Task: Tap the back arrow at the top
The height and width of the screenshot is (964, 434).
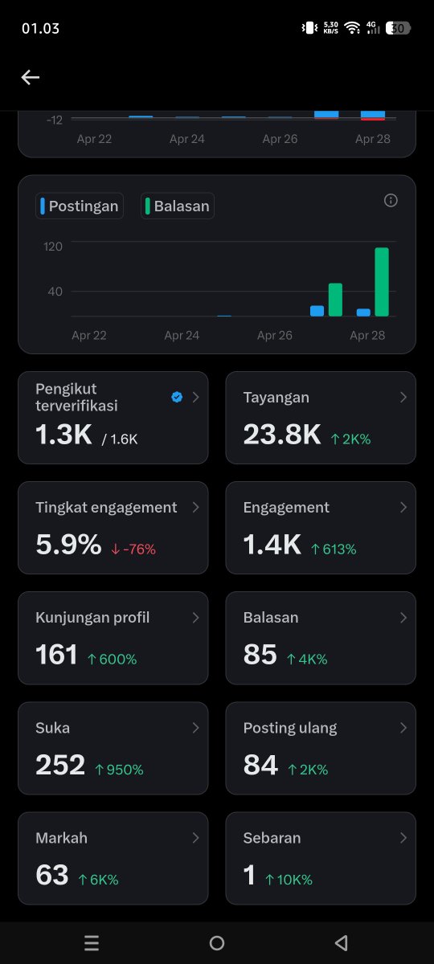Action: coord(31,77)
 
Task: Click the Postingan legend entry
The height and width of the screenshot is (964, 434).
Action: coord(80,206)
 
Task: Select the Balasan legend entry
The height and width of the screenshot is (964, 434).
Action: coord(178,206)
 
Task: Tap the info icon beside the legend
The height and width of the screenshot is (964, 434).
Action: coord(391,201)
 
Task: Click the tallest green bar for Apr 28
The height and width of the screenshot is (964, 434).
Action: coord(382,282)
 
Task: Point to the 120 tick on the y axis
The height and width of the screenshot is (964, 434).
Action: coord(53,246)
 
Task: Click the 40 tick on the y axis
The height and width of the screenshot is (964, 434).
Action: coord(55,291)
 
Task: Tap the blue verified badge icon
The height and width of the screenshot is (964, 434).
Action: coord(177,397)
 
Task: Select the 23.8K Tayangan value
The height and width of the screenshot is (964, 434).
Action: coord(282,435)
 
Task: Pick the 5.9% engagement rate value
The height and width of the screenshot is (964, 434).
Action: coord(68,545)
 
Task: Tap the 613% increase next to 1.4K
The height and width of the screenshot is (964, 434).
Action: coord(334,549)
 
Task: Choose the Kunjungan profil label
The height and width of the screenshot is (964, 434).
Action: coord(92,618)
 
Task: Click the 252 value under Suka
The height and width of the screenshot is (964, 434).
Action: coord(60,765)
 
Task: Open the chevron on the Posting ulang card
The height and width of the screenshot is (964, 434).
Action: coord(403,728)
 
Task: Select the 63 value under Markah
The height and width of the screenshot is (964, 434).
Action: coord(52,875)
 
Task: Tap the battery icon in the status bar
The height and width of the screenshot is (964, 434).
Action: coord(398,28)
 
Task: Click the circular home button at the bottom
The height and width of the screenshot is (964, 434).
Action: coord(217,943)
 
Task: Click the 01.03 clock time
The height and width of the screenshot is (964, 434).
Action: coord(40,28)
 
